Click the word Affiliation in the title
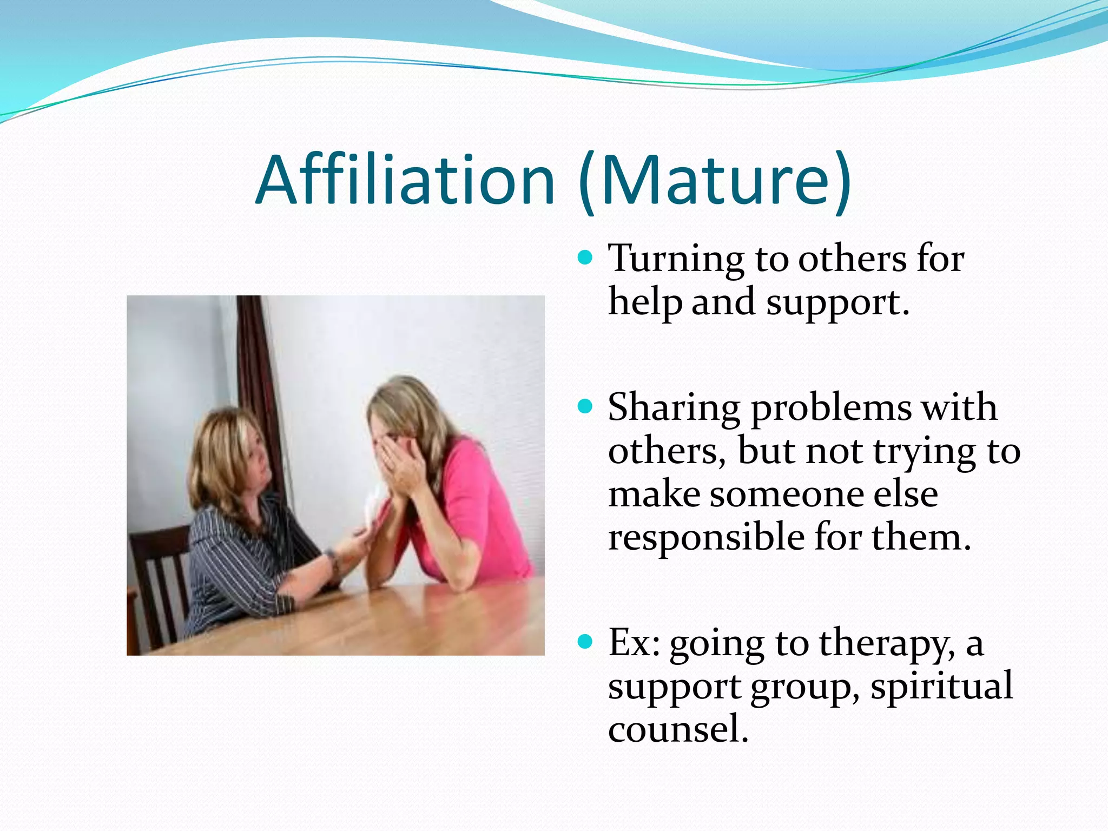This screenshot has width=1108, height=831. click(x=405, y=180)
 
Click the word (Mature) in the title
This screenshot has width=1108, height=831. click(x=714, y=180)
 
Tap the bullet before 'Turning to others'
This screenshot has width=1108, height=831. click(x=585, y=257)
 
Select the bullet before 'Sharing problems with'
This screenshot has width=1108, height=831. click(x=585, y=406)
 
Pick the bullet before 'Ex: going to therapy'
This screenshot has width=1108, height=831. click(x=585, y=642)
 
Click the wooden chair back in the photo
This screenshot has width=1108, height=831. click(x=157, y=573)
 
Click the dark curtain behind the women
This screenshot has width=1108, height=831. click(x=260, y=368)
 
